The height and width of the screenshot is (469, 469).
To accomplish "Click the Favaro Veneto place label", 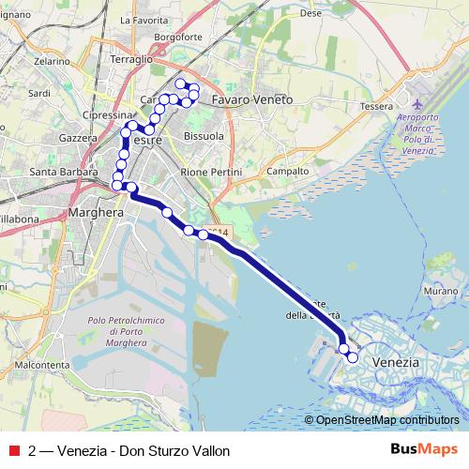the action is [x=252, y=98].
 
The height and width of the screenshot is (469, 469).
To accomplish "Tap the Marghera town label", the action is [x=97, y=214].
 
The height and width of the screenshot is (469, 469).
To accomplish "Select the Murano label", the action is [x=438, y=293].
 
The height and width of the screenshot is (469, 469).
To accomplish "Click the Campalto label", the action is [x=288, y=173].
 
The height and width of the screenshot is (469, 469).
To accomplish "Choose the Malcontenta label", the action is [x=44, y=364].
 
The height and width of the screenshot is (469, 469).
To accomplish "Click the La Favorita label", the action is [x=145, y=19].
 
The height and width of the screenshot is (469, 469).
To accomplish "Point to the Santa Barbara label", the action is [x=65, y=173].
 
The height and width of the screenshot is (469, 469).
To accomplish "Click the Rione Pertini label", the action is [x=211, y=173].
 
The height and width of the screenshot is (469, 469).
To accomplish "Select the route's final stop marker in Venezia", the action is [x=353, y=357].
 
